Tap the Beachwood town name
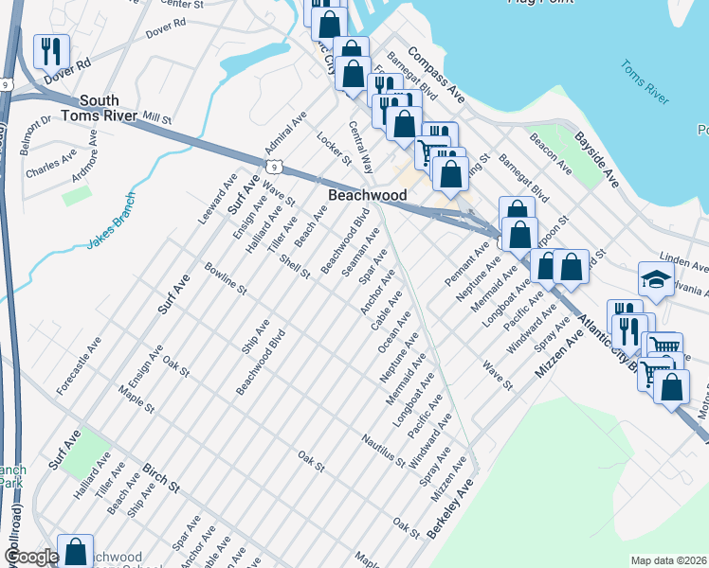click(367, 195)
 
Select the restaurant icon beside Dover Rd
click(51, 51)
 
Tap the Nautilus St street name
click(383, 449)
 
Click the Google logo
click(30, 558)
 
